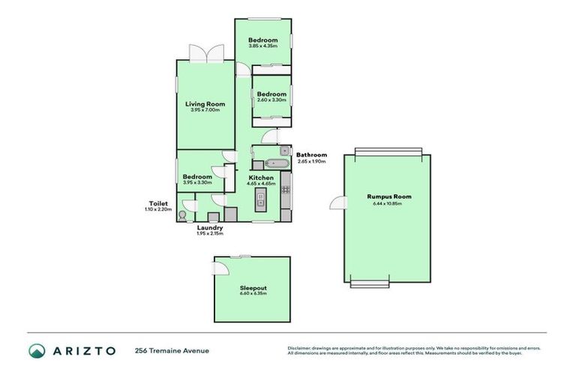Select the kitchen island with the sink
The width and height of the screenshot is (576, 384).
click(x=260, y=199)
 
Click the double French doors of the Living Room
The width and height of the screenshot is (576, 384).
click(x=205, y=53)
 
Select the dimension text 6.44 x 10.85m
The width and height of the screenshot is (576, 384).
click(x=388, y=203)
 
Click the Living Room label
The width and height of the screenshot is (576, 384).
click(x=205, y=104)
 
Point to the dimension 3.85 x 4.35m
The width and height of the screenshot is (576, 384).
click(x=263, y=46)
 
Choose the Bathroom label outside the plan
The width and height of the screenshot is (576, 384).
click(x=311, y=155)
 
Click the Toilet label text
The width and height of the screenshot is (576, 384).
click(x=158, y=203)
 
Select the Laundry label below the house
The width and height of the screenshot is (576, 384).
click(x=210, y=227)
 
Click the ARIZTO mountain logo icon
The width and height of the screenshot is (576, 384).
click(x=37, y=350)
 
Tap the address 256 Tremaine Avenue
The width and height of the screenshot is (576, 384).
click(x=172, y=350)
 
